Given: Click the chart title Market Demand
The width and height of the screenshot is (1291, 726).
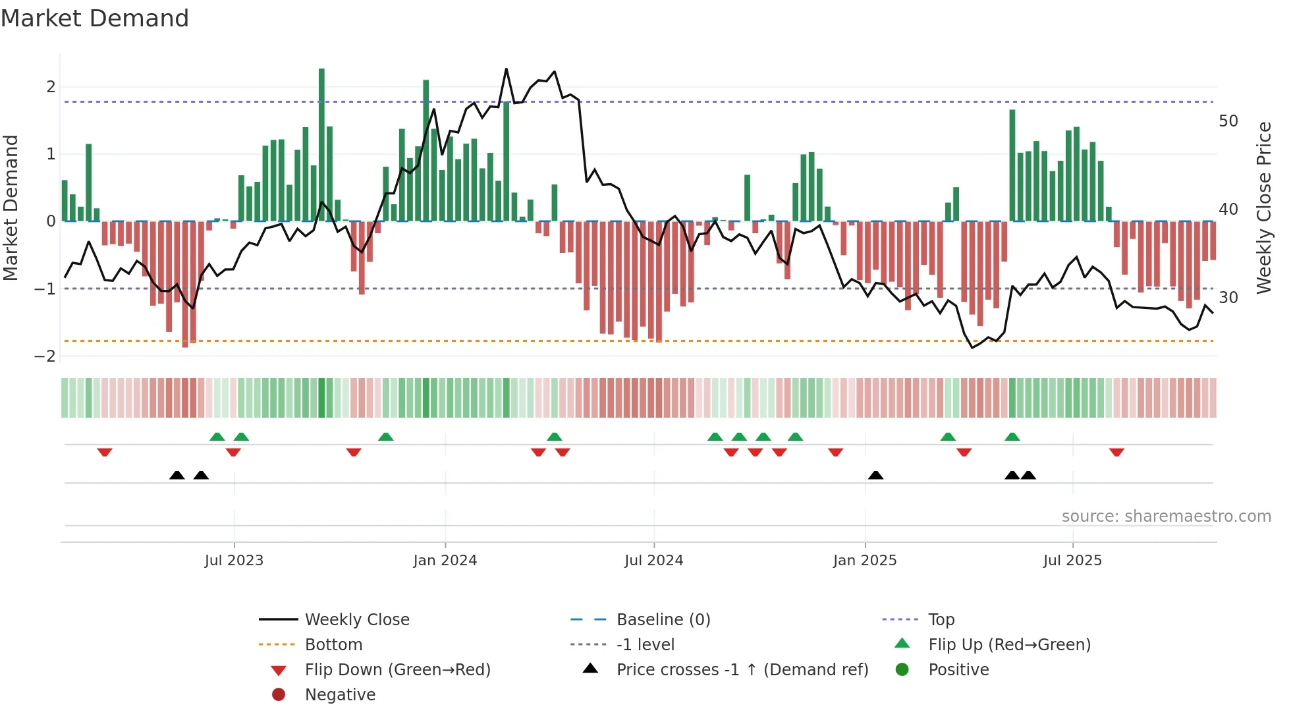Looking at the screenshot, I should pos(95,18).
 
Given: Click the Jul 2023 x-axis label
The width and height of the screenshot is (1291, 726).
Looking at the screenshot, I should pos(234,561).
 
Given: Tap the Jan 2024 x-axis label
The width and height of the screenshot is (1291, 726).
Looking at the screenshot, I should pos(445,561).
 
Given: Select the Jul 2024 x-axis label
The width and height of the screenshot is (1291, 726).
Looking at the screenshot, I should pos(654,561).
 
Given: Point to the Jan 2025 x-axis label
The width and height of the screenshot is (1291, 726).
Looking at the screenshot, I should pos(865,561).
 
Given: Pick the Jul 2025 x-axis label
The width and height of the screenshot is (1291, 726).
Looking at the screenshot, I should pos(1072,561).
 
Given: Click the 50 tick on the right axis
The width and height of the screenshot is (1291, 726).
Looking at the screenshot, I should pos(1228,121).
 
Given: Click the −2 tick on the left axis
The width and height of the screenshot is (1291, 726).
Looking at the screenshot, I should pos(45,356).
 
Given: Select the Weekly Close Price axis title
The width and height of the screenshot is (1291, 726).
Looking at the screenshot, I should pos(1263,208).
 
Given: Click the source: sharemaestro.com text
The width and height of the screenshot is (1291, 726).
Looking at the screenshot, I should pos(1166,517).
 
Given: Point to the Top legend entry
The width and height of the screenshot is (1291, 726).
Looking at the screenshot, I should pos(941,620).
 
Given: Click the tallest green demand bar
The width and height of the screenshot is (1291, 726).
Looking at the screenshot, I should pos(321,145).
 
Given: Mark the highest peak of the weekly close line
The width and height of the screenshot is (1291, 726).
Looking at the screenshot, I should pos(506,69).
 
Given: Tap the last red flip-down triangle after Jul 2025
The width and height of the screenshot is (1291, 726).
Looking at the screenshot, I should pos(1116,453).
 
